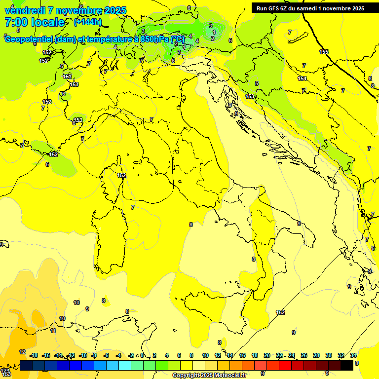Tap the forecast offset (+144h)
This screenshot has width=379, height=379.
click(88, 22)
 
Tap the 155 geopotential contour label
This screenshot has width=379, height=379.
click(324, 52)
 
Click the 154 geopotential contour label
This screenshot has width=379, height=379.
click(302, 78)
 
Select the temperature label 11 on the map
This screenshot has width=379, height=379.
click(53, 331)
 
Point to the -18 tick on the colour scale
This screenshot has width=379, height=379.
click(34, 355)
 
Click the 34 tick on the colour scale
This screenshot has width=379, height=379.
click(353, 355)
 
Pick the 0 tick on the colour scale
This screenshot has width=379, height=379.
click(142, 355)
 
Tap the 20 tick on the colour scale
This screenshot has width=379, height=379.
click(267, 355)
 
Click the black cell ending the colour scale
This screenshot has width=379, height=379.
click(347, 365)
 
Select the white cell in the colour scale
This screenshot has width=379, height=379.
click(199, 365)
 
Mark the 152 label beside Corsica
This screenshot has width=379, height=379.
click(121, 175)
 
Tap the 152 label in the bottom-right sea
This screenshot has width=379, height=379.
click(280, 312)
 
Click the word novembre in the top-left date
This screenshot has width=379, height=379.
click(79, 10)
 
